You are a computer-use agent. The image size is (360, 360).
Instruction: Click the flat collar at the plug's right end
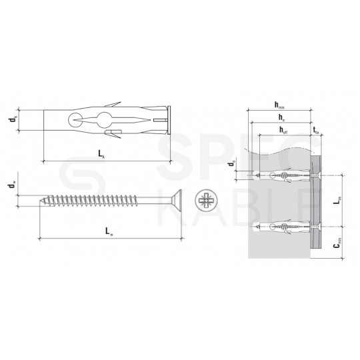(x=170, y=122)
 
